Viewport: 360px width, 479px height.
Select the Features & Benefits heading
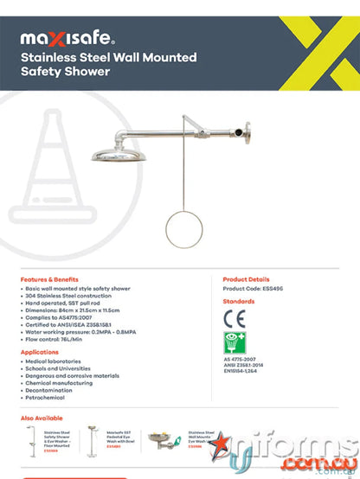tap(55, 280)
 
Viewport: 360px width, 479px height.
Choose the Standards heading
tap(239, 302)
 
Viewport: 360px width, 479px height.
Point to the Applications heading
tap(40, 353)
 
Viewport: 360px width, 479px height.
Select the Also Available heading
tap(41, 418)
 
